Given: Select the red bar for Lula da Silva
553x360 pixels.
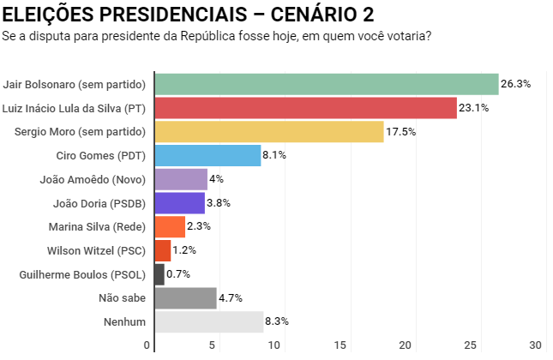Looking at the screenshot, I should tap(305, 108).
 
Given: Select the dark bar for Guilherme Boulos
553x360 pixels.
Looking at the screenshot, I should tap(159, 274).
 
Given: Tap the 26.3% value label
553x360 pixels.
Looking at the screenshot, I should tap(517, 84).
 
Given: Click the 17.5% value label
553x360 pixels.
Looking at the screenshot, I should tap(401, 131).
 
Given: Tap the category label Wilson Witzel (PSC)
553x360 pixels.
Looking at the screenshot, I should tap(96, 251).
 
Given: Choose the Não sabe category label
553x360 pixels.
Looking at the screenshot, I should tap(123, 298).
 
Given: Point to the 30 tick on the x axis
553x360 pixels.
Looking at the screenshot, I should tap(537, 345).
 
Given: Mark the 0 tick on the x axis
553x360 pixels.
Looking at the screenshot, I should tap(147, 345).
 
